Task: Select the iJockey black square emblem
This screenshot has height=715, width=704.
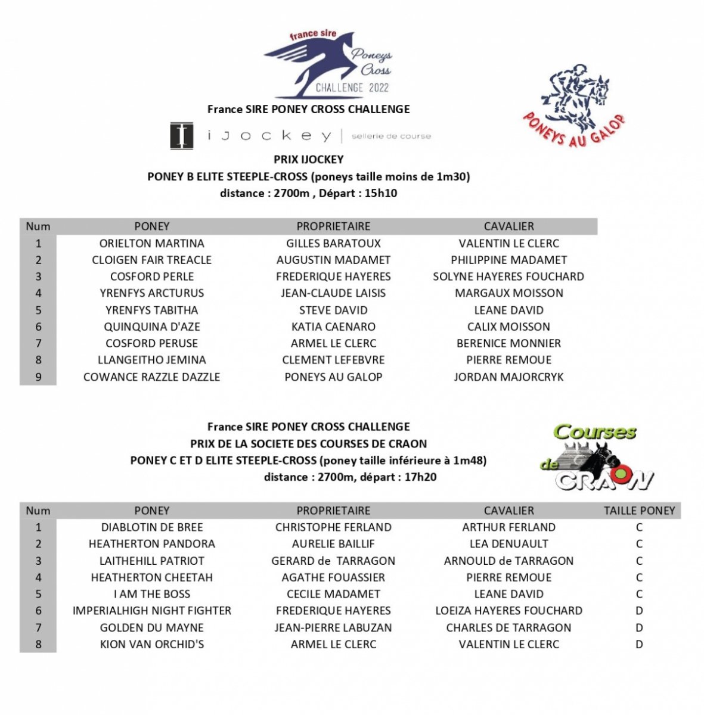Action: (182, 135)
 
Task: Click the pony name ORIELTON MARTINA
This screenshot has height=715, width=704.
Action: (151, 243)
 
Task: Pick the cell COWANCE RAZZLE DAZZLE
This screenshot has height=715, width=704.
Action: (151, 377)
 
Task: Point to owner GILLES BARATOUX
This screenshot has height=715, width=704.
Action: (333, 243)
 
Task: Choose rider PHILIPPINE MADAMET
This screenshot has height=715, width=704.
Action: (508, 260)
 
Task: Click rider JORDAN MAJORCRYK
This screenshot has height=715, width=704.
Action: (508, 377)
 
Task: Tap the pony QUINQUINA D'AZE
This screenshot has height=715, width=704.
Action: (151, 327)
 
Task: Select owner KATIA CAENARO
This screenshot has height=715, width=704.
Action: (333, 327)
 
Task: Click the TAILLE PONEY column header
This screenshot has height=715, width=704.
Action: (639, 511)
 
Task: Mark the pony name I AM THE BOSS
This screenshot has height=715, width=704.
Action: (151, 594)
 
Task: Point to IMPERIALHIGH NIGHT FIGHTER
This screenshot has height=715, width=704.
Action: (151, 611)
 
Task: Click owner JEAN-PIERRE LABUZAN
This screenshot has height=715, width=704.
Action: (333, 627)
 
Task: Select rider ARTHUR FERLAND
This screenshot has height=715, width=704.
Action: (508, 527)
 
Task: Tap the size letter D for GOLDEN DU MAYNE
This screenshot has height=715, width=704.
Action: (639, 627)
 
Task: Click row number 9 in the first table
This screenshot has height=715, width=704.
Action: (38, 377)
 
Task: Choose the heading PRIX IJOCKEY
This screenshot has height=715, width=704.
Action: (308, 159)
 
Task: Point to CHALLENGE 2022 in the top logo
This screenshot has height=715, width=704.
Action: (352, 88)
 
